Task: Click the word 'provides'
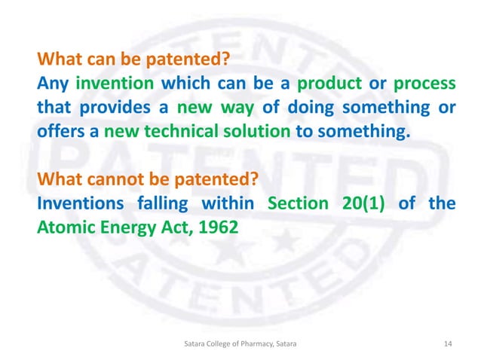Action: point(108,108)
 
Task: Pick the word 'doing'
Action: point(311,108)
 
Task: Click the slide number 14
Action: point(449,343)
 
